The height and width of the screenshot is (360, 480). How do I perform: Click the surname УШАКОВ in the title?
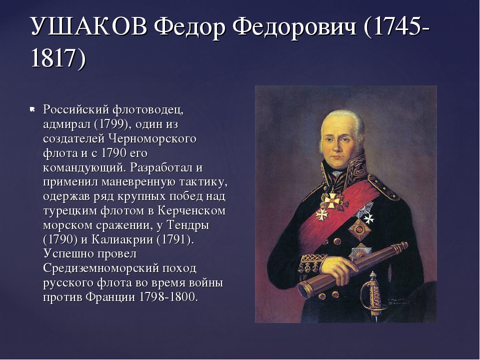coord(89,27)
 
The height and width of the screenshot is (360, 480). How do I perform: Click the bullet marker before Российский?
coord(31,109)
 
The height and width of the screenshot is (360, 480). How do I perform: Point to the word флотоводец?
coord(148,110)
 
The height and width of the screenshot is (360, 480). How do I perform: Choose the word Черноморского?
coord(152,138)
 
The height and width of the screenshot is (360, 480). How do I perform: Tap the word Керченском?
coord(192,210)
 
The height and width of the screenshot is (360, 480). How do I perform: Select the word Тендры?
coord(187,225)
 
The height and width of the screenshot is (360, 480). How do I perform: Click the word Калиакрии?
coord(122,239)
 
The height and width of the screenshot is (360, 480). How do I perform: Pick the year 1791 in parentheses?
coord(174,239)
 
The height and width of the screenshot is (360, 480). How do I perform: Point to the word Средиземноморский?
coord(101,268)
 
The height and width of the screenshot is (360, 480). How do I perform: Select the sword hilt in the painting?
coord(371,293)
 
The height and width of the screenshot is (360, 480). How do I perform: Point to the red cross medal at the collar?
coord(334,200)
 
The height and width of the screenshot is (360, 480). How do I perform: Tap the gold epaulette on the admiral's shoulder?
coord(382,186)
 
